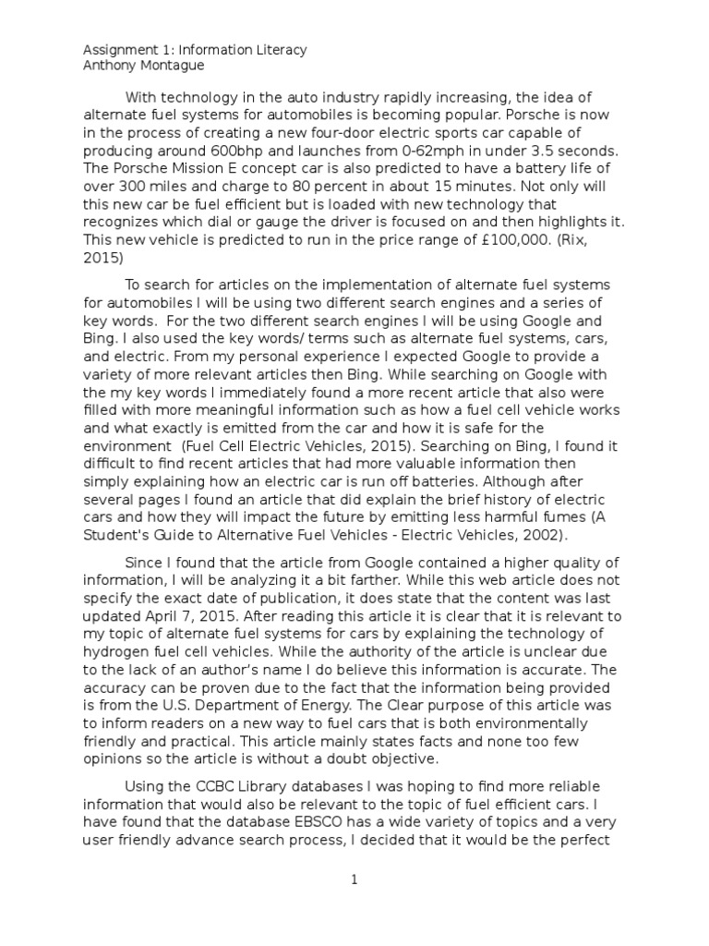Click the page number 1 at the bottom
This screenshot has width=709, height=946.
[354, 880]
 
